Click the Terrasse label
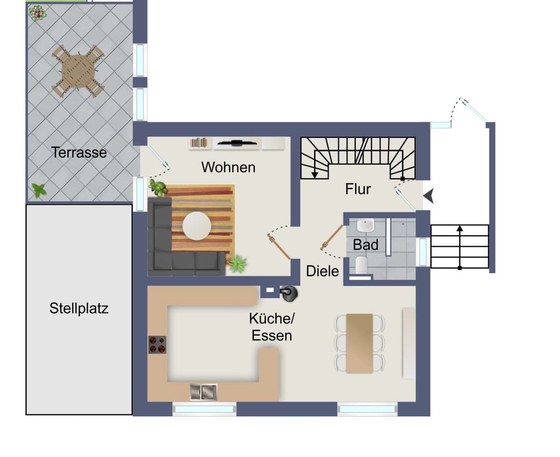pos(79,152)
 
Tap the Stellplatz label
pos(79,308)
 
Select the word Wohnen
pos(228,167)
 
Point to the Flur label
pos(358,189)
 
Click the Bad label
pos(365,244)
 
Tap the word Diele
pos(322,271)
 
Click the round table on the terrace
pos(78,71)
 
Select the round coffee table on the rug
pos(196,226)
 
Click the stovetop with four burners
pos(157,344)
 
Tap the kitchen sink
pos(203,392)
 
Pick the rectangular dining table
pos(359,343)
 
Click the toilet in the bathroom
pos(361,264)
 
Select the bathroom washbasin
pos(365,225)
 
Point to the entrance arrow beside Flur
pos(428,196)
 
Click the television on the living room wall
pos(237,143)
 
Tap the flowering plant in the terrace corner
pos(38,13)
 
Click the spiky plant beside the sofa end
pos(238,264)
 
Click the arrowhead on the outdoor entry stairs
pos(460,228)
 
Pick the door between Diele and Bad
pos(332,237)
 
